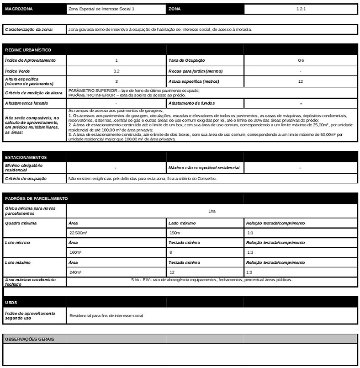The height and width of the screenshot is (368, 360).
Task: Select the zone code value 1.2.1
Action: pyautogui.click(x=300, y=9)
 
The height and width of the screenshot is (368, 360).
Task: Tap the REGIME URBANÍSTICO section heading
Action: pyautogui.click(x=28, y=50)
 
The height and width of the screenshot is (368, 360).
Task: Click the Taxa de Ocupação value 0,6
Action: pyautogui.click(x=301, y=60)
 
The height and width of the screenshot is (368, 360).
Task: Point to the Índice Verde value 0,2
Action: pyautogui.click(x=116, y=71)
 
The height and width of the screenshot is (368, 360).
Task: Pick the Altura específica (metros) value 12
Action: pyautogui.click(x=301, y=81)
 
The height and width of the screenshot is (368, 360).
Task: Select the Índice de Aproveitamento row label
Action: pyautogui.click(x=30, y=60)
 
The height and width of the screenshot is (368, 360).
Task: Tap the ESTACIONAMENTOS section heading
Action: pyautogui.click(x=26, y=157)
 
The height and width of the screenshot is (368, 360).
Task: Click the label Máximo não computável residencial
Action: pyautogui.click(x=204, y=168)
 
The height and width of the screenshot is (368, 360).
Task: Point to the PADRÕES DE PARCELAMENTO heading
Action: pyautogui.click(x=36, y=198)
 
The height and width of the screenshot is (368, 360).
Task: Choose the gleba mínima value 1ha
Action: pyautogui.click(x=212, y=211)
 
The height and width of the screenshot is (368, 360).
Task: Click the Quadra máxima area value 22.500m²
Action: pyautogui.click(x=79, y=233)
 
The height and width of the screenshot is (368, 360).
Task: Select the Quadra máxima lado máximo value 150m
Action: pyautogui.click(x=175, y=233)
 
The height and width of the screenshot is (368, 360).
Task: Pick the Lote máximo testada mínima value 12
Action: pyautogui.click(x=172, y=272)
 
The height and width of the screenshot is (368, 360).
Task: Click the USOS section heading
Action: pyautogui.click(x=11, y=303)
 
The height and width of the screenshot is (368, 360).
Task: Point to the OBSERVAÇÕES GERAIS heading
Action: pyautogui.click(x=29, y=339)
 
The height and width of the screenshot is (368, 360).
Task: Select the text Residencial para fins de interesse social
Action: pyautogui.click(x=106, y=316)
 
